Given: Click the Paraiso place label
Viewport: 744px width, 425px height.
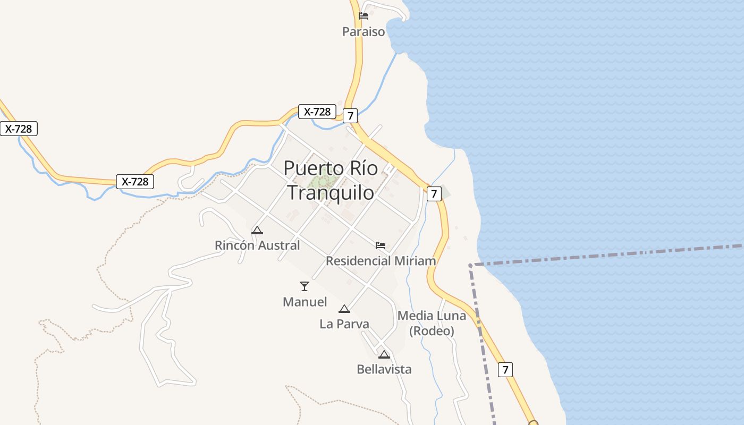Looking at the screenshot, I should pyautogui.click(x=363, y=32).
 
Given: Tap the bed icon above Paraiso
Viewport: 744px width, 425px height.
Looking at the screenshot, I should pyautogui.click(x=363, y=15).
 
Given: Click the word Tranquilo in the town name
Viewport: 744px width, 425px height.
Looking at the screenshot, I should pyautogui.click(x=331, y=192).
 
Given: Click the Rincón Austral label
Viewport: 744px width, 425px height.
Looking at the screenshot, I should pyautogui.click(x=257, y=245).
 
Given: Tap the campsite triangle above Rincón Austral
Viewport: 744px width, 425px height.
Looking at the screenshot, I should pyautogui.click(x=257, y=230).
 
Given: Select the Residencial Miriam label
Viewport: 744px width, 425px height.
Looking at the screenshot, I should pyautogui.click(x=381, y=261).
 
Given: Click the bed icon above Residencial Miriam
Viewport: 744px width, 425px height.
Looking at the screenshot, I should pyautogui.click(x=381, y=245).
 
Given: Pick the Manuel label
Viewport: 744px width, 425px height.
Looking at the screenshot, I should pyautogui.click(x=305, y=302).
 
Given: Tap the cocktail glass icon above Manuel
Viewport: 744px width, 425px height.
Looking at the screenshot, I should pyautogui.click(x=305, y=286).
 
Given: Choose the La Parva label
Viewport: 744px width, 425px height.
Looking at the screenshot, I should pyautogui.click(x=344, y=324).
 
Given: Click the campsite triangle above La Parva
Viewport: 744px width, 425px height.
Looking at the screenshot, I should pyautogui.click(x=344, y=309).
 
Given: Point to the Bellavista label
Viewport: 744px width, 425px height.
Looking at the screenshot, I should pyautogui.click(x=384, y=369).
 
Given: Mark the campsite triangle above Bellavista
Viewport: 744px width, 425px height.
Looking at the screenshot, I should pyautogui.click(x=384, y=354).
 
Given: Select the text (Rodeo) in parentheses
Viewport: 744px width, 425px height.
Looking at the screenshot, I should pyautogui.click(x=432, y=331).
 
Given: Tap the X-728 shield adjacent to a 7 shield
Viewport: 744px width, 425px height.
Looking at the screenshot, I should pyautogui.click(x=317, y=112).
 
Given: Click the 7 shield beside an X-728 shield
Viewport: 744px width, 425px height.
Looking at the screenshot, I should pyautogui.click(x=350, y=115).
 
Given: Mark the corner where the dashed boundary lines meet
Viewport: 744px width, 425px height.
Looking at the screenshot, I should pyautogui.click(x=471, y=265).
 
